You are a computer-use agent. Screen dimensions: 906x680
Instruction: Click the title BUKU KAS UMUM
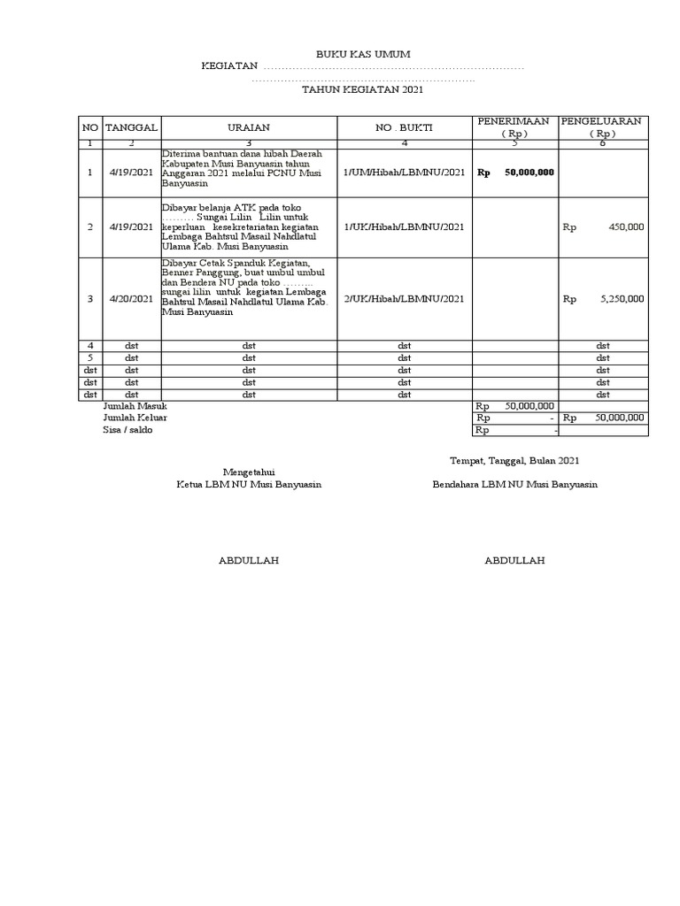[x=363, y=55]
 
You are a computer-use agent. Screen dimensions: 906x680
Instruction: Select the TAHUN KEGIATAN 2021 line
[x=363, y=90]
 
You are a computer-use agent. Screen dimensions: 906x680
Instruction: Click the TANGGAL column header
[x=131, y=127]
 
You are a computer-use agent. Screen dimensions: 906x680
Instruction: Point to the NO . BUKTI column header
[x=403, y=127]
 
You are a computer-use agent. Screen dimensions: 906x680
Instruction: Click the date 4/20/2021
[x=131, y=299]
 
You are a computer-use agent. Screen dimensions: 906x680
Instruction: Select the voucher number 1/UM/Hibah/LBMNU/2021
[x=403, y=172]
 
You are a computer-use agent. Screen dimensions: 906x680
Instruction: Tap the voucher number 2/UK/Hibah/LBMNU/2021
[x=403, y=299]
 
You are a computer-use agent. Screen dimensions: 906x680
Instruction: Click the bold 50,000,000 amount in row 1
[x=529, y=173]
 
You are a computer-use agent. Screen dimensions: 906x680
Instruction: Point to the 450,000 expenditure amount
[x=626, y=227]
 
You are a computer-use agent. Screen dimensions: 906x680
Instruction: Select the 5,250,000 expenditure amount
[x=622, y=299]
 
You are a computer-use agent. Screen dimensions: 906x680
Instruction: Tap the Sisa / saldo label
[x=127, y=430]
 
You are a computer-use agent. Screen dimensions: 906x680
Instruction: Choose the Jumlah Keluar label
[x=135, y=418]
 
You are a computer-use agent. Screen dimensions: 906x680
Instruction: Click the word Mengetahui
[x=249, y=472]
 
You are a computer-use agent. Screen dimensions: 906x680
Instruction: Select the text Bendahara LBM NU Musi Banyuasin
[x=514, y=485]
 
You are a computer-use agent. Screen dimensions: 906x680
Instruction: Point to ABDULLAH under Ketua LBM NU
[x=249, y=561]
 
